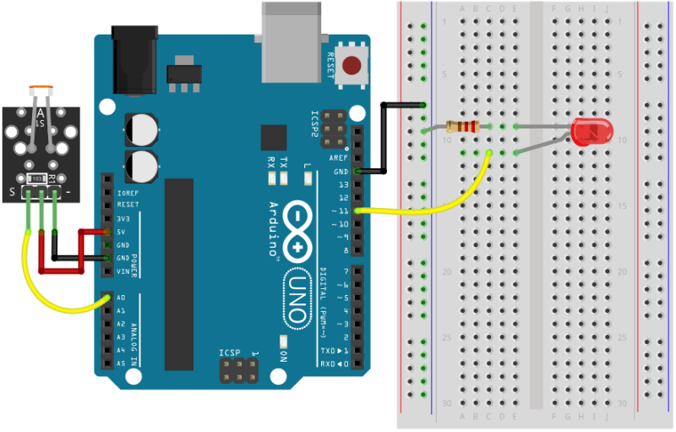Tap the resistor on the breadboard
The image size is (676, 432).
click(x=462, y=128)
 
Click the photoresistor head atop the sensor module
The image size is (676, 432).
click(x=40, y=89)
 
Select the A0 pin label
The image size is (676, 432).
click(x=121, y=298)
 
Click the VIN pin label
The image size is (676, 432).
click(x=123, y=271)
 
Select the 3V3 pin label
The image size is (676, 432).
click(x=123, y=218)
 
